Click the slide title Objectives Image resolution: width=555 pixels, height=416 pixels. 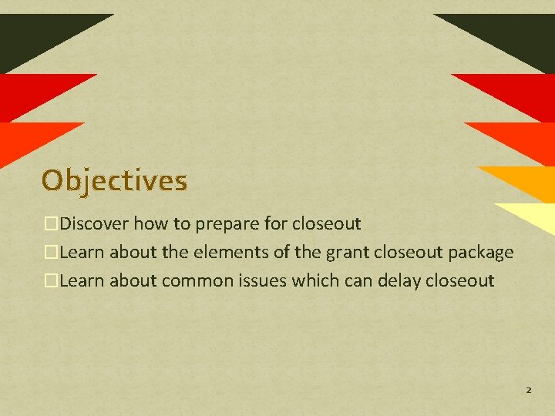point(114,180)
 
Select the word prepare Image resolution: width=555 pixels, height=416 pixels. point(224,224)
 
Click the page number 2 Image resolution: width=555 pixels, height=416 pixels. point(528,391)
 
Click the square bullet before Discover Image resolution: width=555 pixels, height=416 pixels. point(52,224)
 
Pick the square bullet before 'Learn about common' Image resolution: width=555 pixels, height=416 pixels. point(52,280)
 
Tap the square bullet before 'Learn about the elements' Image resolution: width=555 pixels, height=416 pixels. point(52,253)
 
